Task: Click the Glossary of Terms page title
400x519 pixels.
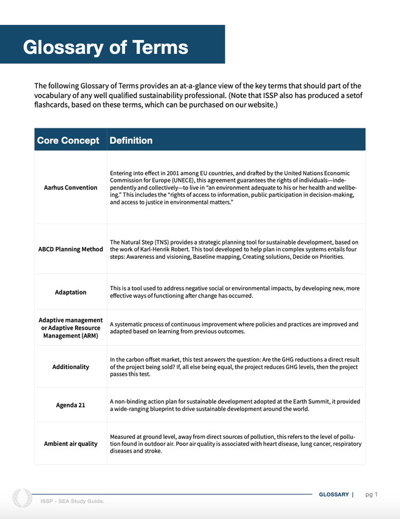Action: point(105,47)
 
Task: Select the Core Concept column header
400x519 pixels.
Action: point(68,140)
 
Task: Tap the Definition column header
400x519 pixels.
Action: point(131,140)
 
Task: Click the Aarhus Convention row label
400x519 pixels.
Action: point(71,188)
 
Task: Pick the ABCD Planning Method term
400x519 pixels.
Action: point(71,249)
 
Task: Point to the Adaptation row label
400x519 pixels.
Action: point(71,292)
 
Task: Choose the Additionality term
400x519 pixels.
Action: point(71,366)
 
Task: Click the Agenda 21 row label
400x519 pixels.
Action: point(71,405)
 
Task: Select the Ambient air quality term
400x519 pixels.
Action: point(71,443)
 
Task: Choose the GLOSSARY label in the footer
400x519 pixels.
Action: point(334,495)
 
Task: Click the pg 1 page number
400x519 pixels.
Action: point(372,495)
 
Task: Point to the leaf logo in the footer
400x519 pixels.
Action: point(22,498)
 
